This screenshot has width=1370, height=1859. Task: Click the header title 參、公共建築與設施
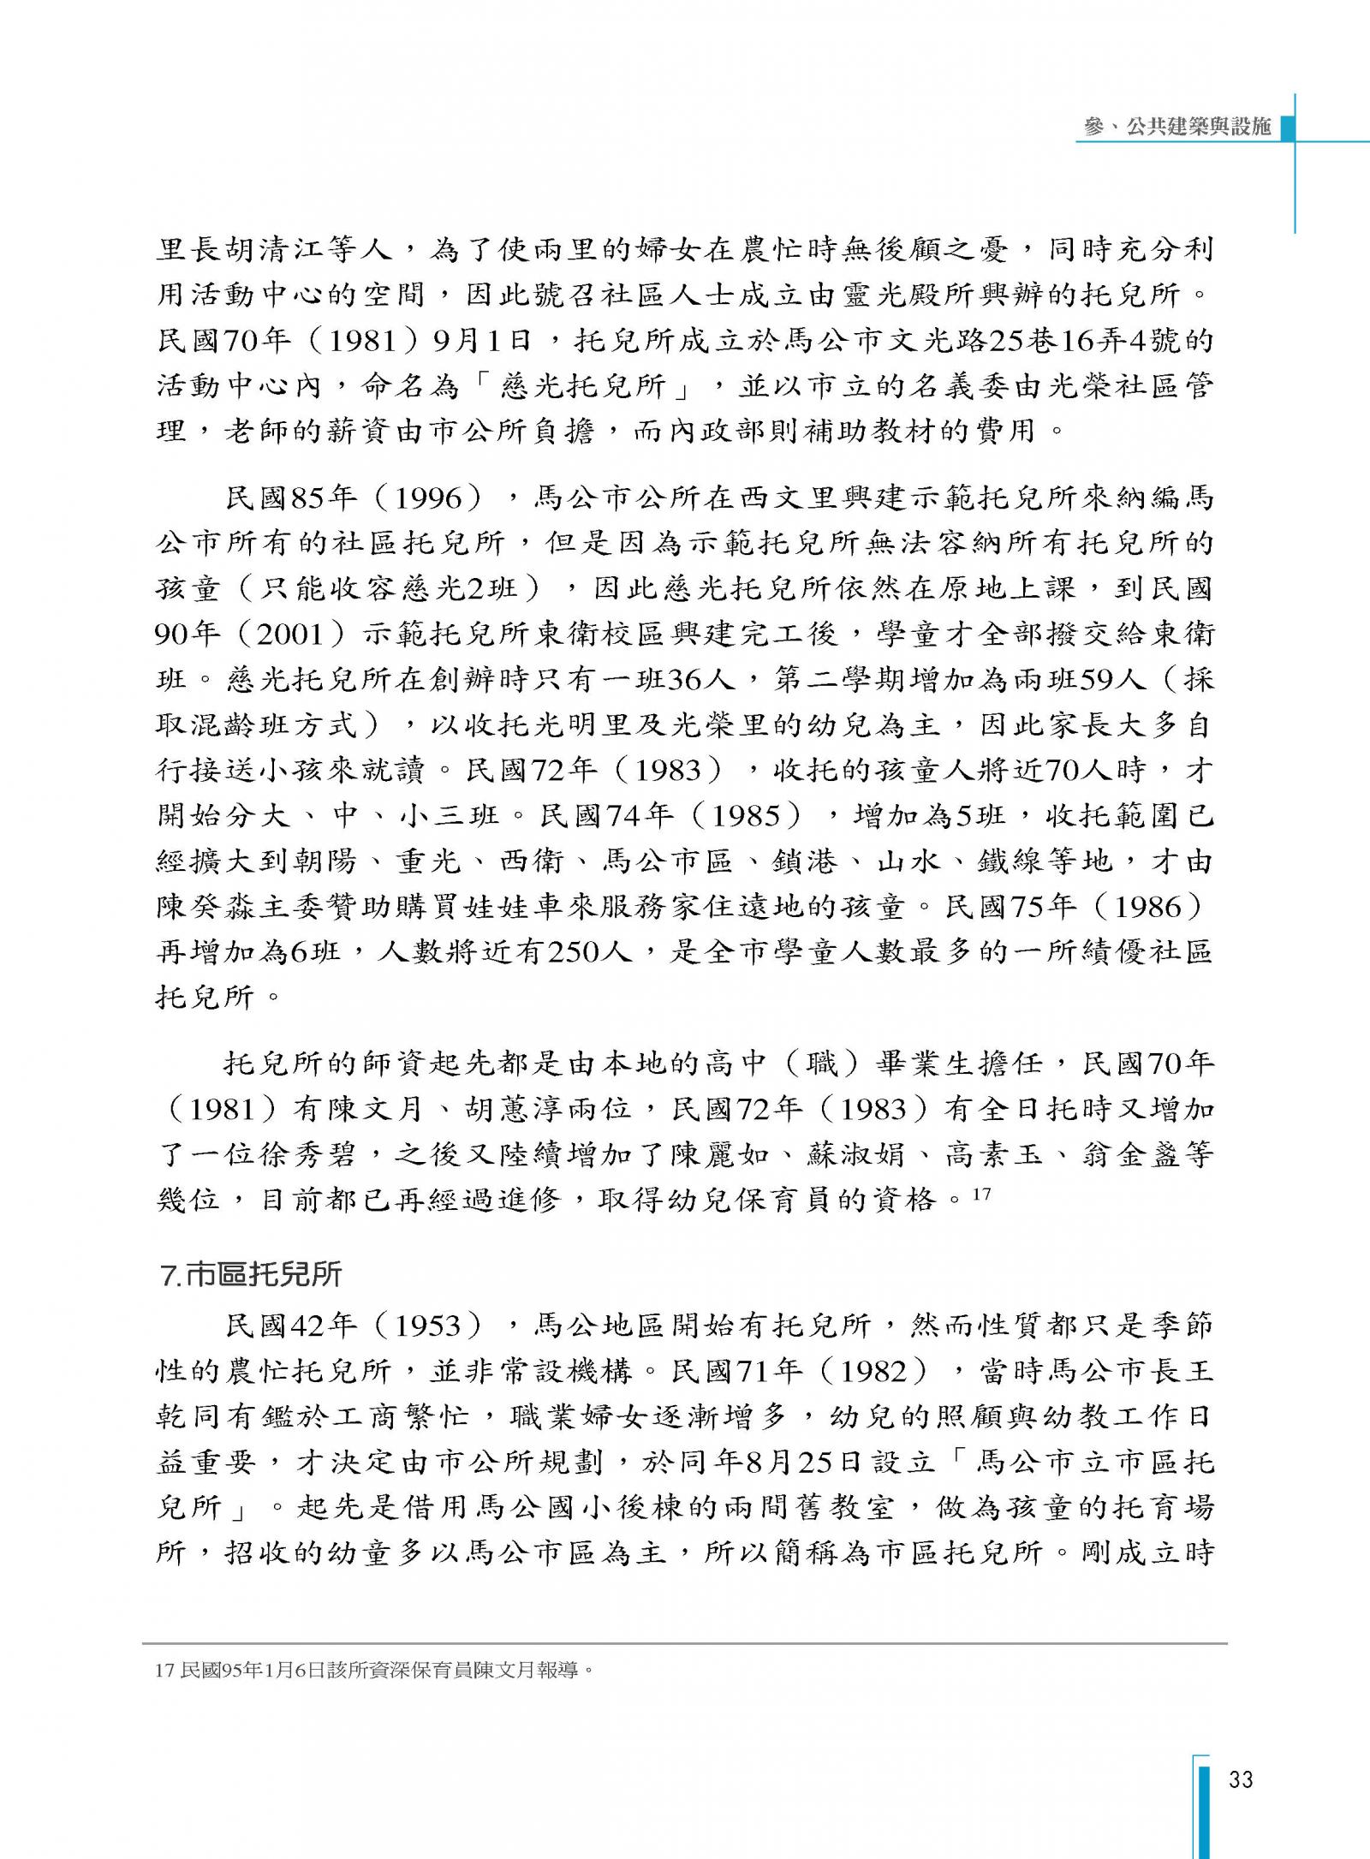coord(1177,127)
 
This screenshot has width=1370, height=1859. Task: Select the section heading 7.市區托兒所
coord(251,1275)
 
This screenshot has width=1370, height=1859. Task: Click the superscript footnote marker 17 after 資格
coord(981,1193)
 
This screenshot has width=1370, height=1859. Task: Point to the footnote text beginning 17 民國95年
coord(374,1669)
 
